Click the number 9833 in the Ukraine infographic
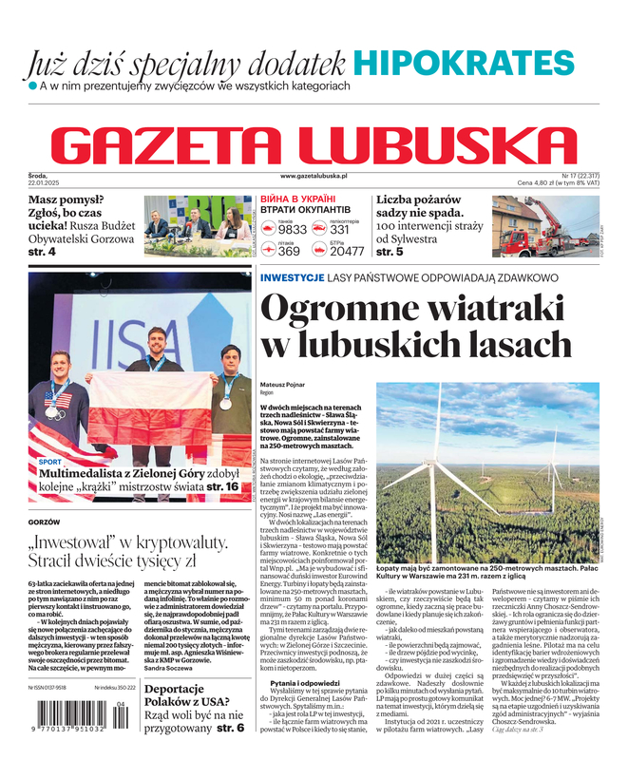click(x=292, y=230)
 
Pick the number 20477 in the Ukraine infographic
click(x=346, y=252)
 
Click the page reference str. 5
click(x=390, y=253)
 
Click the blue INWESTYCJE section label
click(x=293, y=277)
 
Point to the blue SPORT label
click(x=49, y=462)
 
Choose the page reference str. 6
click(x=230, y=727)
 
